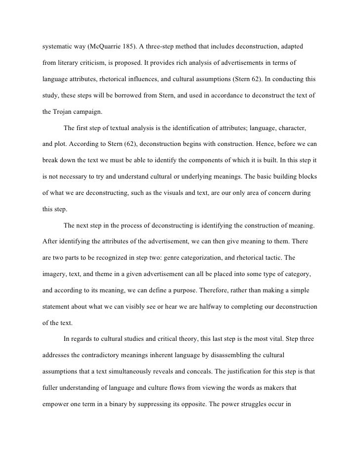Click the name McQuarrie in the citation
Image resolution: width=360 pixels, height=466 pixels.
109,47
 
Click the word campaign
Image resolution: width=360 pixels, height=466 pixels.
90,111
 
